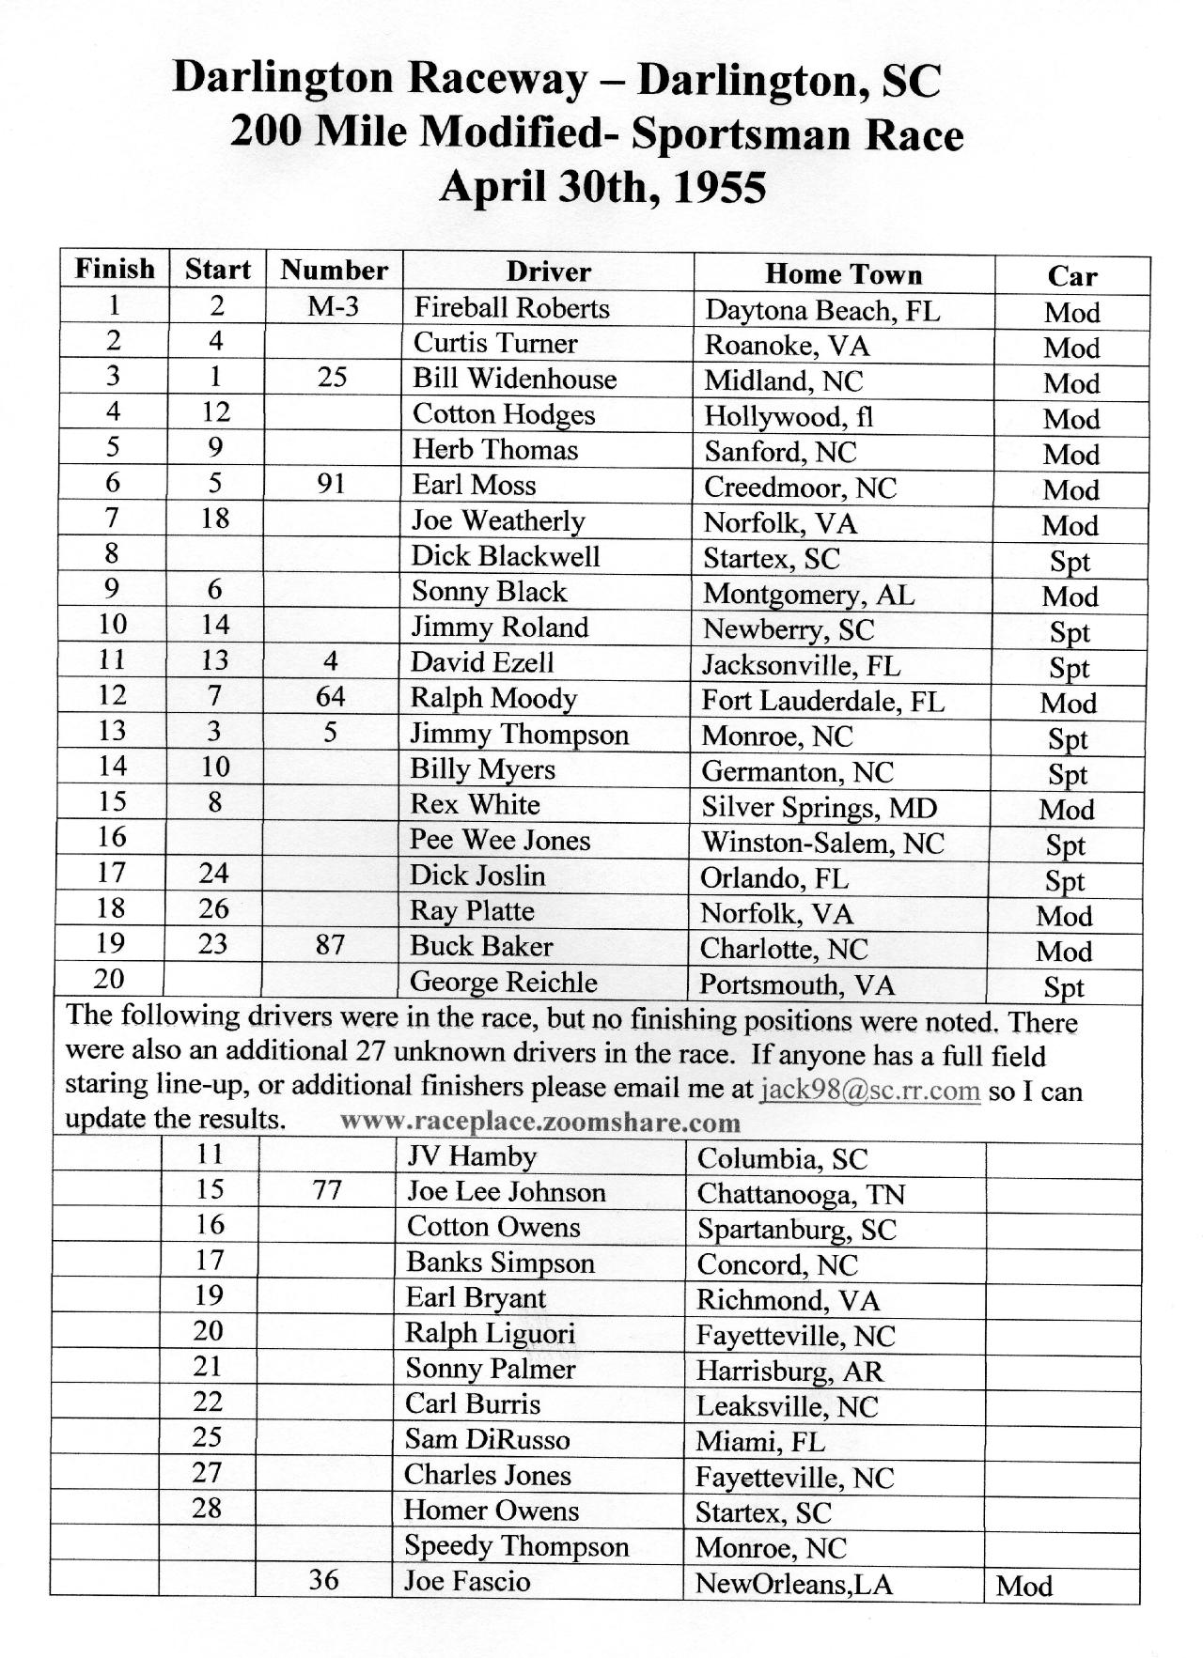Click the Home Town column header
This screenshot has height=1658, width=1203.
(843, 274)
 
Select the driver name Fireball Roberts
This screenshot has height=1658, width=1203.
(511, 308)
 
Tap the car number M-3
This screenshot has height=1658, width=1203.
(333, 306)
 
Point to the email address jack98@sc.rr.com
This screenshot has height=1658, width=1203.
(870, 1091)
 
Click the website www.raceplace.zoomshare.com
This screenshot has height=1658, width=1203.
(540, 1122)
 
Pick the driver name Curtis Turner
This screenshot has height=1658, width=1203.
(495, 343)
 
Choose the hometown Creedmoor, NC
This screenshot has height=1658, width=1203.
(800, 488)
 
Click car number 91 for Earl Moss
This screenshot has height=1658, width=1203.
(331, 484)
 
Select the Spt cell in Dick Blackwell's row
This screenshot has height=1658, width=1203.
(1070, 562)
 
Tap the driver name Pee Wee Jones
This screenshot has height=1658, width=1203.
(500, 840)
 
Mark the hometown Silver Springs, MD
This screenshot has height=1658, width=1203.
(819, 808)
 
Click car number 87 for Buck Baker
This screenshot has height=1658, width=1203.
(330, 945)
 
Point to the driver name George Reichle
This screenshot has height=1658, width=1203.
(503, 983)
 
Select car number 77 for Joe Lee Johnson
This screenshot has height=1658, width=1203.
(326, 1191)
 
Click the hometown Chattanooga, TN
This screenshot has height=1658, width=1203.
(800, 1194)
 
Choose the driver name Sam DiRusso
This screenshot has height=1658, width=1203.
(487, 1439)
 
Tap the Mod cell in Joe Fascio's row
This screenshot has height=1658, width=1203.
(1023, 1587)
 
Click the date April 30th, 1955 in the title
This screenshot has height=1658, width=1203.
(601, 186)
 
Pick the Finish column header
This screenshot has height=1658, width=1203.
(115, 269)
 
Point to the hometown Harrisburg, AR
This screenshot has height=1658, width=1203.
(789, 1371)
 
